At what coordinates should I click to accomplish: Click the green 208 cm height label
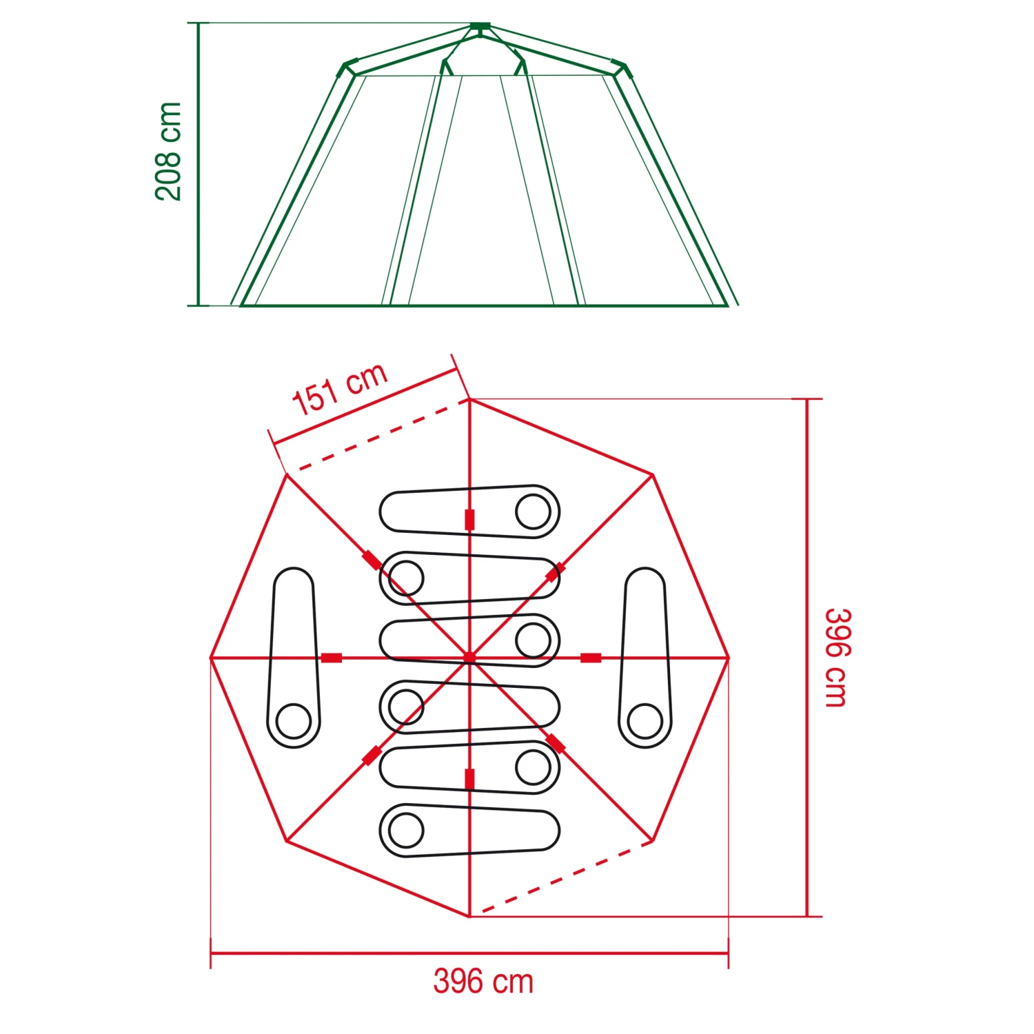pyautogui.click(x=168, y=152)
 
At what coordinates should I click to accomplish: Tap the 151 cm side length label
pyautogui.click(x=340, y=390)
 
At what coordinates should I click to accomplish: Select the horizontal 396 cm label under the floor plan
pyautogui.click(x=483, y=982)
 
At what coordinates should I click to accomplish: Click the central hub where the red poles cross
pyautogui.click(x=469, y=658)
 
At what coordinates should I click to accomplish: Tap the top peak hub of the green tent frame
pyautogui.click(x=480, y=27)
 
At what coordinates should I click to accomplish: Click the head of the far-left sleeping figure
pyautogui.click(x=294, y=722)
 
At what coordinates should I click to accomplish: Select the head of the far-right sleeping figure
pyautogui.click(x=645, y=722)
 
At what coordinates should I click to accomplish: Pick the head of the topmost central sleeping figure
pyautogui.click(x=533, y=511)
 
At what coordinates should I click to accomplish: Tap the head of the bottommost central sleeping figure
pyautogui.click(x=406, y=830)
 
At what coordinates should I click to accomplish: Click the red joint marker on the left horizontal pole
pyautogui.click(x=332, y=658)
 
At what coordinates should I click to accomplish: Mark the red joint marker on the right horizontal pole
pyautogui.click(x=591, y=658)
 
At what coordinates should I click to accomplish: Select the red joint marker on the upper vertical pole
pyautogui.click(x=469, y=520)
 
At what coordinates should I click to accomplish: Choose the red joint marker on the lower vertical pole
pyautogui.click(x=469, y=780)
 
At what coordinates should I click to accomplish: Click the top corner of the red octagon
pyautogui.click(x=469, y=399)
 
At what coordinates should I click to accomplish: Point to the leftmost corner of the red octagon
pyautogui.click(x=211, y=658)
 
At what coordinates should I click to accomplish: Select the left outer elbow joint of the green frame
pyautogui.click(x=349, y=68)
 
